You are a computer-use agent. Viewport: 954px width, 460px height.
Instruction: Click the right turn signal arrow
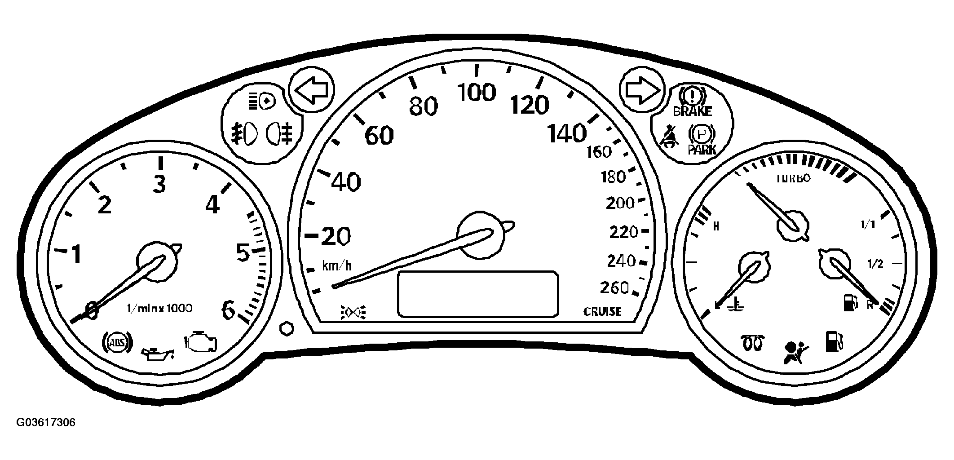[x=642, y=91]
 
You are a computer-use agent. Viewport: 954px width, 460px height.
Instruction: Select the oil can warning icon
[x=157, y=354]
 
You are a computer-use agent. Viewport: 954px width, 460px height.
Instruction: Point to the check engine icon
[x=202, y=343]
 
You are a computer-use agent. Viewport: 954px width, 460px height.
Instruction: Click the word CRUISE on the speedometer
[x=602, y=312]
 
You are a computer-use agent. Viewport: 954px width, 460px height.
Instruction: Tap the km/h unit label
[x=336, y=266]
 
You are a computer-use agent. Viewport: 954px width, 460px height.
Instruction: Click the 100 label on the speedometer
[x=476, y=93]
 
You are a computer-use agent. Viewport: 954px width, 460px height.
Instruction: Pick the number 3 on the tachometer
[x=159, y=184]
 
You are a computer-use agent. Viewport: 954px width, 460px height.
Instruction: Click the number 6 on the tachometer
[x=229, y=310]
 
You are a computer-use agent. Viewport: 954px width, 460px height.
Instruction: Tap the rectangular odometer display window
[x=478, y=294]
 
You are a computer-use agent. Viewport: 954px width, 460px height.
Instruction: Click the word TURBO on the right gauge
[x=794, y=178]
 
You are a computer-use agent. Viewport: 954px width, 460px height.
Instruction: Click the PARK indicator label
[x=702, y=149]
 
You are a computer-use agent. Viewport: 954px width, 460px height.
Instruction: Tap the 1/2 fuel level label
[x=875, y=264]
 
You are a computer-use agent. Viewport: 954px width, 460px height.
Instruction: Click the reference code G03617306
[x=46, y=423]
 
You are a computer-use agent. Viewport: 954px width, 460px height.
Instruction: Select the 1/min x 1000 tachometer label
[x=160, y=308]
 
